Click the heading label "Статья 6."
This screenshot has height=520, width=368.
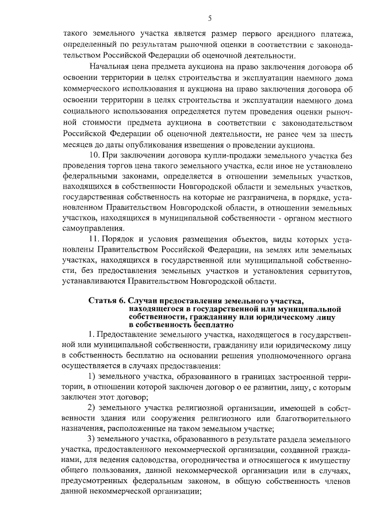pyautogui.click(x=108, y=301)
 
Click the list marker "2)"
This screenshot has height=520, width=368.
pyautogui.click(x=94, y=408)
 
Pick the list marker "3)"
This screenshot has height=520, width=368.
pyautogui.click(x=94, y=439)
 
